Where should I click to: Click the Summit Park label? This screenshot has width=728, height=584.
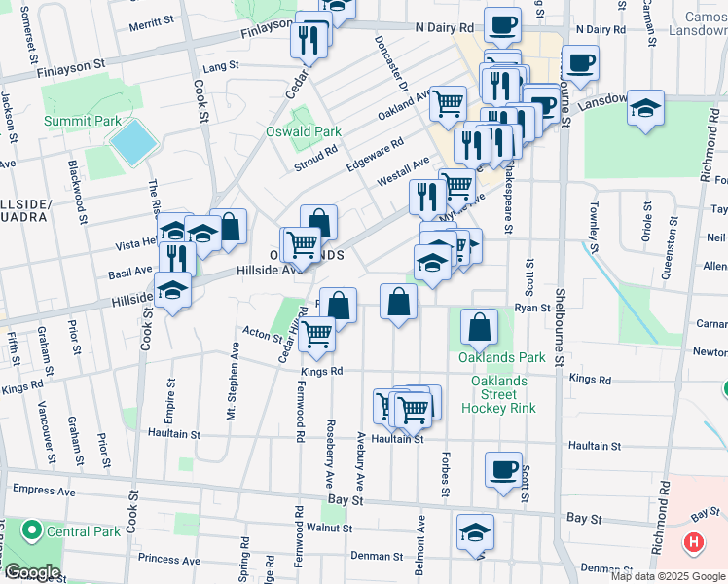82,122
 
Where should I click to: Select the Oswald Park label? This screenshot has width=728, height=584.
304,131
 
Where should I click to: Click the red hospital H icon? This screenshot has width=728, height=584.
693,542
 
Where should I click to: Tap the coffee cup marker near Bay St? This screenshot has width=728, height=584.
504,470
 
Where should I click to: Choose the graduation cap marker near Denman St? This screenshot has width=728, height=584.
476,532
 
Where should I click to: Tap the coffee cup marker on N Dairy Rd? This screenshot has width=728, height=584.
503,25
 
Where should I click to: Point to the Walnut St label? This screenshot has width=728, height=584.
328,528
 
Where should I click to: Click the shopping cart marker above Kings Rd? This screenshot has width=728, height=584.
317,334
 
